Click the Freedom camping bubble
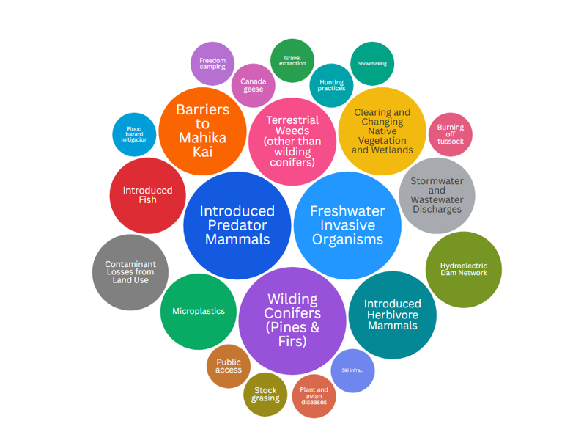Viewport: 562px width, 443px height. (x=212, y=63)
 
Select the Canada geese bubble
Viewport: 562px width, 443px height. (x=253, y=85)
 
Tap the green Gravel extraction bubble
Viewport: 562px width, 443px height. (x=292, y=60)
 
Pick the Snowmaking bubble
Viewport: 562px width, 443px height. (x=372, y=64)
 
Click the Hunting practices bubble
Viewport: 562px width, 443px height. (x=331, y=85)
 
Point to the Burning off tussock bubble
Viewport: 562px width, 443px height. (x=450, y=134)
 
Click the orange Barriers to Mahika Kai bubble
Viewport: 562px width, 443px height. (x=202, y=131)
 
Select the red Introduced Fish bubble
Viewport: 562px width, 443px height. (x=147, y=195)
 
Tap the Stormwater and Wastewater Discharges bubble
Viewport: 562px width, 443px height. (x=437, y=195)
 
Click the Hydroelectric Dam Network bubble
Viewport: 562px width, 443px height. (x=463, y=269)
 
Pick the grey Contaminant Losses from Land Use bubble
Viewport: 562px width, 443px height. (x=130, y=272)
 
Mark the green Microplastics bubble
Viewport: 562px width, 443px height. (x=198, y=311)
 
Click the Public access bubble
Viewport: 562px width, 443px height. (x=229, y=366)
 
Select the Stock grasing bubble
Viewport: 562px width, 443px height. (x=265, y=395)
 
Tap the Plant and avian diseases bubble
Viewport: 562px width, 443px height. (x=314, y=396)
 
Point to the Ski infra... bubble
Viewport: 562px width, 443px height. (x=352, y=370)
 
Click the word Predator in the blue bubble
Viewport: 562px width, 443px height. (x=237, y=225)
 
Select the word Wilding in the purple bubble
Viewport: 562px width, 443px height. (x=292, y=299)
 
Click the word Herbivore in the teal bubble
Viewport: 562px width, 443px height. (x=393, y=315)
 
